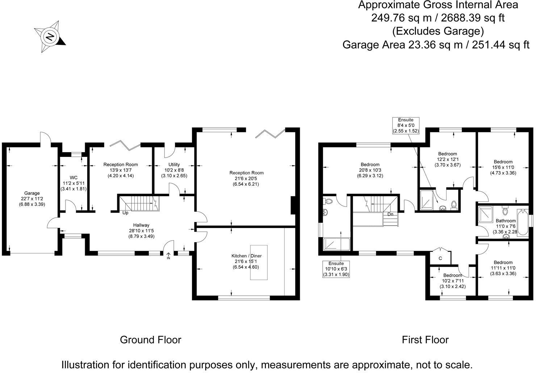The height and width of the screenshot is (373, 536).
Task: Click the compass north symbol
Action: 50,37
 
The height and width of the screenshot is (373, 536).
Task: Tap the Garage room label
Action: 32,198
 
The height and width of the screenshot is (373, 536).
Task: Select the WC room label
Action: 74,183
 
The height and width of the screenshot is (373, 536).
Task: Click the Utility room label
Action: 174,170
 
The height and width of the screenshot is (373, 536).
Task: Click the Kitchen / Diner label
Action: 246,261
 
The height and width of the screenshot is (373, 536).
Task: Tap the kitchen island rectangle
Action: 259,275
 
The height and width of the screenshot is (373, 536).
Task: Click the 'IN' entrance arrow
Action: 168,256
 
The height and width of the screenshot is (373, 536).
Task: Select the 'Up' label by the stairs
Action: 125,213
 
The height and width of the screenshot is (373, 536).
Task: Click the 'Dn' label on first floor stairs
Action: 390,214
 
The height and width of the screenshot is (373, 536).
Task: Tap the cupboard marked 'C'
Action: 440,258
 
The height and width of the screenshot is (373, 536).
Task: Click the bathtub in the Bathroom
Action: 523,222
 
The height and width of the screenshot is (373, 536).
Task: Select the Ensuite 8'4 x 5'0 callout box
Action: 406,125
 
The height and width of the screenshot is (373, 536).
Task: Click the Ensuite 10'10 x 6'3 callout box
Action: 336,269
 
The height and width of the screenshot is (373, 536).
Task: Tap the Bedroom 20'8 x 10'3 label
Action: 370,170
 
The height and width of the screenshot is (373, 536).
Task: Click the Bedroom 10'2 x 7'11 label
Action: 452,280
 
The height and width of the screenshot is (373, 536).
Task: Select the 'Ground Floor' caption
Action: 150,340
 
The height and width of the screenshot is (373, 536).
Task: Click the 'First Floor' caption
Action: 425,340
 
